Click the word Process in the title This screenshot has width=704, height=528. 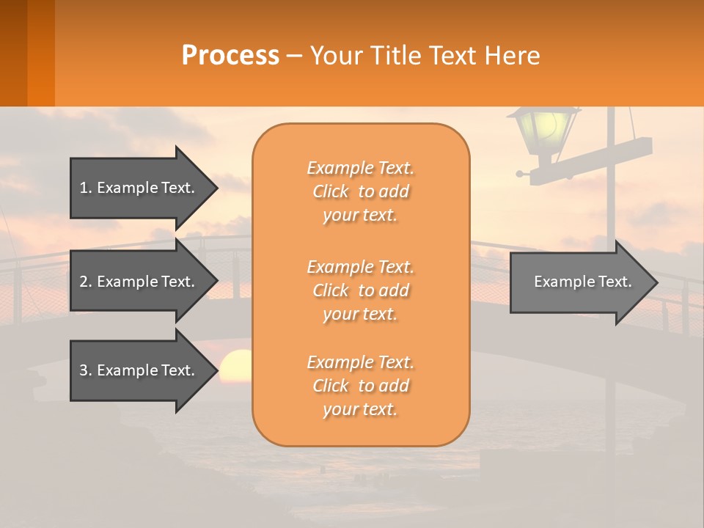click(x=230, y=55)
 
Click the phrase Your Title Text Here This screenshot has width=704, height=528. click(x=425, y=56)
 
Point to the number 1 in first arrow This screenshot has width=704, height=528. click(x=84, y=188)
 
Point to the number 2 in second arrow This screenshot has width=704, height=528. click(x=84, y=282)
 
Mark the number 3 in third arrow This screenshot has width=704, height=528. click(x=84, y=370)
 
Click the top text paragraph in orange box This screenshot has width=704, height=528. click(x=361, y=191)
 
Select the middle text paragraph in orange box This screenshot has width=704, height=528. click(x=361, y=290)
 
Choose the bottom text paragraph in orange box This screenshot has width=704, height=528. click(x=361, y=386)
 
